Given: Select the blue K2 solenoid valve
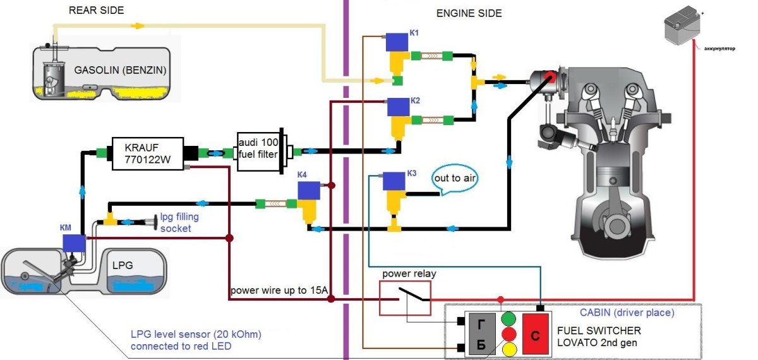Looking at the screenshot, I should click(x=399, y=108).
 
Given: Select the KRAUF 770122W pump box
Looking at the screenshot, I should click(x=148, y=153).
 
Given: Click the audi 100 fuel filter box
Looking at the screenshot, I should click(x=258, y=152).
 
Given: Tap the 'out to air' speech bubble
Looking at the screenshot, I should click(x=454, y=179).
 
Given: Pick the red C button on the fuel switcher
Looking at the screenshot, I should click(x=535, y=332).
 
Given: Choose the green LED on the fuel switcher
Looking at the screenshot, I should click(x=509, y=318).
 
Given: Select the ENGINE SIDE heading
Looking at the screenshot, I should click(x=469, y=13).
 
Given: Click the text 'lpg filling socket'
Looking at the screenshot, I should click(x=179, y=222).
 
